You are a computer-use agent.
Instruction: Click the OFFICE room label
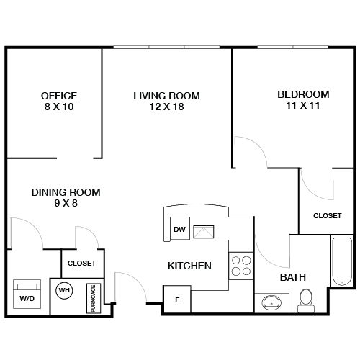(59, 96)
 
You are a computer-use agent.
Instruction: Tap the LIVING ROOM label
(166, 96)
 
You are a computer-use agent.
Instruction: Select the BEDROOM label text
(303, 94)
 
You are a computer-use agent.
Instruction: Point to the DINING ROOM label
(65, 192)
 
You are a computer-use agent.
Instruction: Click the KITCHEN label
(189, 266)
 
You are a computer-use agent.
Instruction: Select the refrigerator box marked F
(177, 300)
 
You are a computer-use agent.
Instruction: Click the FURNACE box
(93, 297)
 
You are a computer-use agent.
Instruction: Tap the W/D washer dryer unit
(27, 294)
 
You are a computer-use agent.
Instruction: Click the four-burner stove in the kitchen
(241, 266)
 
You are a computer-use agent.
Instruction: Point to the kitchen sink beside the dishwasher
(204, 231)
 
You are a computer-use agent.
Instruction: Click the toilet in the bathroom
(307, 299)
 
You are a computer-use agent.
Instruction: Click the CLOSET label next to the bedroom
(327, 215)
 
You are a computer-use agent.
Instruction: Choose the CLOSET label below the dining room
(81, 264)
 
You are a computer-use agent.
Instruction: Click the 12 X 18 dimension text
(166, 107)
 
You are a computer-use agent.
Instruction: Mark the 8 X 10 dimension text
(59, 107)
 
